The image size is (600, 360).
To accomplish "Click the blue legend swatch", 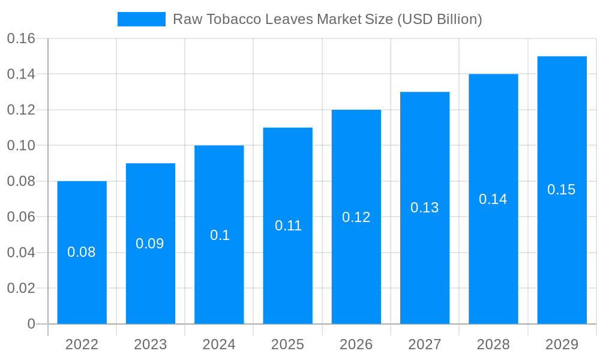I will coord(141,19).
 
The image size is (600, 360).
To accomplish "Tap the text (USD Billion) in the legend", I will coord(440,19).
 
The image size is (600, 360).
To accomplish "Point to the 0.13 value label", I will coord(424,208).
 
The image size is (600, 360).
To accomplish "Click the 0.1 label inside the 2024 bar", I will coord(220,235).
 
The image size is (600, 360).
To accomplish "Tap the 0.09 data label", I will coord(149,244).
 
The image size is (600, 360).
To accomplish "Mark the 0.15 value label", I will coord(561,190).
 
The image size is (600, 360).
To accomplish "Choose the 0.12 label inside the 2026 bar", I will coord(356,217).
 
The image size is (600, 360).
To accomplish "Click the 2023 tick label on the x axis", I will coord(150,344).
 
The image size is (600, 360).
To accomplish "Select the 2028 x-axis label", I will coord(493,344).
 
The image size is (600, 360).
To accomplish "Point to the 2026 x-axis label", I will coord(356,344).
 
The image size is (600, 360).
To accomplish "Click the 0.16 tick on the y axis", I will coord(21,39).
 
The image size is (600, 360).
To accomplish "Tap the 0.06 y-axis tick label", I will coord(21,217).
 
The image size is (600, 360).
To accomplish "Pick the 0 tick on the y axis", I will coord(31,324).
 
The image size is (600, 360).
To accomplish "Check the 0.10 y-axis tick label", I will coord(21,146).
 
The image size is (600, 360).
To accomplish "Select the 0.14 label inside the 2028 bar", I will coord(493,199).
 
